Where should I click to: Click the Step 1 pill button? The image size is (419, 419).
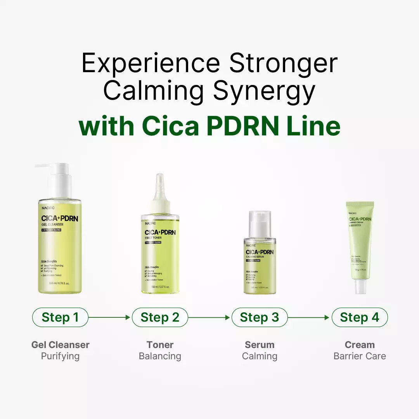(60, 317)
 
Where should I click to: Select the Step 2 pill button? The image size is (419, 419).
(160, 317)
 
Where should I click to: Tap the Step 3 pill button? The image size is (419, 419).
(260, 317)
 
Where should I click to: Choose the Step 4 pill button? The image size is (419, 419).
(360, 317)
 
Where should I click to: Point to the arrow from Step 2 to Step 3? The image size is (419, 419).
(209, 317)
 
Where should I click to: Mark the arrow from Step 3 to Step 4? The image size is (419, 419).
(310, 317)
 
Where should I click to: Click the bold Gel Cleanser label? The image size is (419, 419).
(60, 345)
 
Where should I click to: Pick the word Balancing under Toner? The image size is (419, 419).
(160, 356)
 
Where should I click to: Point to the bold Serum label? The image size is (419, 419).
(260, 345)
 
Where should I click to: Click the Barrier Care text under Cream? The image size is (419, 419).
(360, 356)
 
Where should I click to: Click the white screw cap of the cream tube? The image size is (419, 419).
(360, 286)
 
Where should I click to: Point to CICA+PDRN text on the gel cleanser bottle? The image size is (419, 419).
(60, 218)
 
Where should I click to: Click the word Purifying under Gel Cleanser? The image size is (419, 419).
(60, 356)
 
